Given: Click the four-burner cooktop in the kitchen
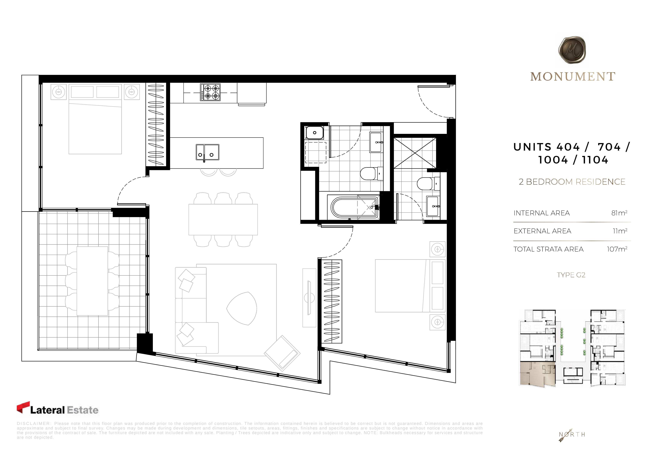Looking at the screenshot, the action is coord(210,92).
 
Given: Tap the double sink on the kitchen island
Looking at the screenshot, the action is coord(207,152).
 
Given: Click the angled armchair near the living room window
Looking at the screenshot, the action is coord(282,353).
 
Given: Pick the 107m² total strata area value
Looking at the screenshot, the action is coord(617,249).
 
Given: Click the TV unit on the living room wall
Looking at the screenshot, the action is coord(309,298).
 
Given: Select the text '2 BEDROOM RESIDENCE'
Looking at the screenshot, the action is coord(572,182).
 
